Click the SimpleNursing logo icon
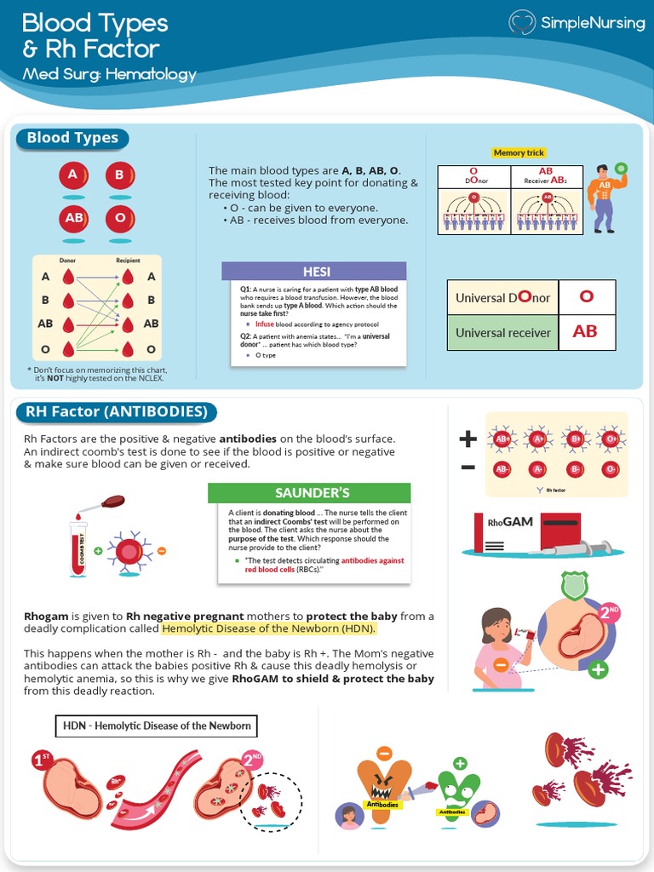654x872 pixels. (521, 23)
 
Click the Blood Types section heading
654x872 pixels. (72, 138)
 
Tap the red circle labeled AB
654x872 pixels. (74, 218)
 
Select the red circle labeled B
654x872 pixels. (120, 175)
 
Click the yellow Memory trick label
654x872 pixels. (519, 152)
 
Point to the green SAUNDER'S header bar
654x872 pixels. (309, 493)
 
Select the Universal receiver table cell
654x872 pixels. (502, 332)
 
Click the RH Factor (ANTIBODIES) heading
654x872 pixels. (117, 412)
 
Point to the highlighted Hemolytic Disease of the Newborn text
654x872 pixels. (268, 629)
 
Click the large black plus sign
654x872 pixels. (468, 439)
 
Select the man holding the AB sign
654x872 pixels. (605, 198)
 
